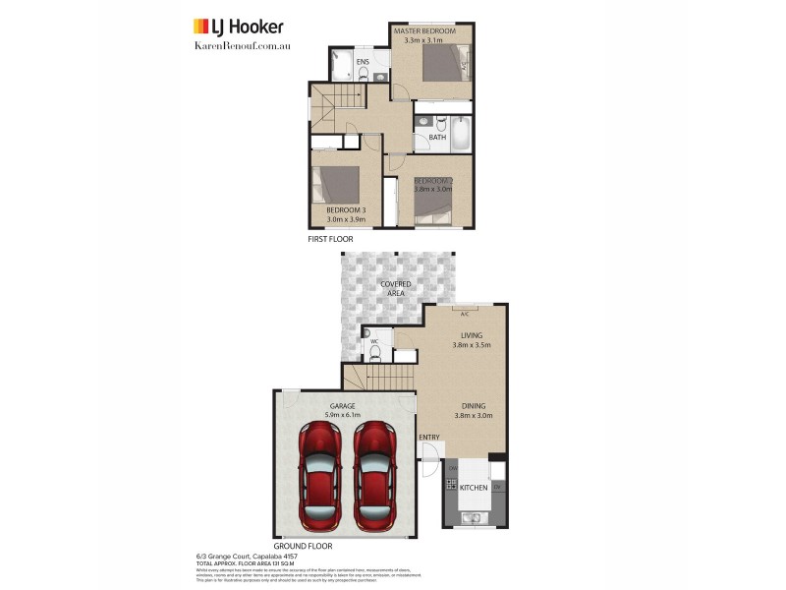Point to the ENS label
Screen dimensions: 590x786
[x=363, y=62]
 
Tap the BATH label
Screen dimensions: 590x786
[x=437, y=138]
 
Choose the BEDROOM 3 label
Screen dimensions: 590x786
[x=346, y=210]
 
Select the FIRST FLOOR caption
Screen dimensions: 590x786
[x=331, y=239]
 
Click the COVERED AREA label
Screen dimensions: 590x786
[x=396, y=287]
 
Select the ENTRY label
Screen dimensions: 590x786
[x=429, y=437]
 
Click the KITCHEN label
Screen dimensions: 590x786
[x=474, y=488]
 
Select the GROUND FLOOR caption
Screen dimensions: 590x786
[x=304, y=546]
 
